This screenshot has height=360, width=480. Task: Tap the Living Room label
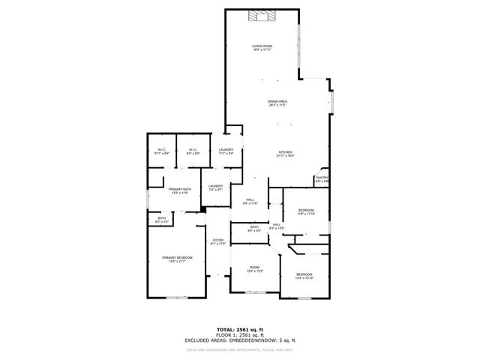click(x=262, y=49)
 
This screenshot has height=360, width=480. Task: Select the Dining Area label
click(x=278, y=103)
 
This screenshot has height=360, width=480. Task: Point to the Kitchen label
click(x=285, y=154)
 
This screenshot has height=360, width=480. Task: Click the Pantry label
click(x=322, y=180)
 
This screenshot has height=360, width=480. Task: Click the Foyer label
click(x=217, y=241)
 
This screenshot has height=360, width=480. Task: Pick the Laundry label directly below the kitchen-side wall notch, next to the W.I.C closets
click(x=226, y=152)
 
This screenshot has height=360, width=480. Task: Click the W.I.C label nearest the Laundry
click(x=192, y=151)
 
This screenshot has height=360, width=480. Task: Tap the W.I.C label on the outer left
click(x=161, y=151)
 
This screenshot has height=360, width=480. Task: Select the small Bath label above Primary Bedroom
click(x=161, y=220)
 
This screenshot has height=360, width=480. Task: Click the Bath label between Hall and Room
click(x=254, y=228)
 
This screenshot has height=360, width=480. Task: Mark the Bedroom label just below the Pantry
click(x=306, y=211)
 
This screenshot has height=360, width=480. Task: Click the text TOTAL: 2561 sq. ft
click(x=240, y=329)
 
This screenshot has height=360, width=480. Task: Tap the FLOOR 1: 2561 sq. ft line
click(x=240, y=334)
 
